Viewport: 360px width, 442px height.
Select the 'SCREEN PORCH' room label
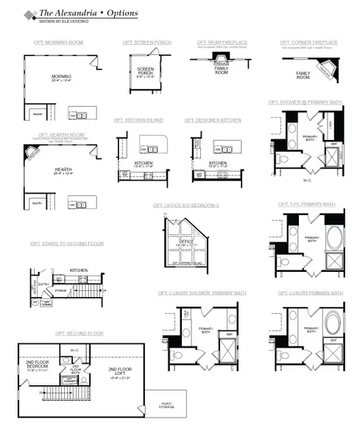[x=145, y=71]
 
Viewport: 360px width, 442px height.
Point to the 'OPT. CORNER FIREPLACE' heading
[x=309, y=43]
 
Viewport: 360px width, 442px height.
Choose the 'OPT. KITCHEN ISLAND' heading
[x=138, y=120]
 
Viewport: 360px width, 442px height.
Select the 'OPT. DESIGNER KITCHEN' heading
[x=213, y=120]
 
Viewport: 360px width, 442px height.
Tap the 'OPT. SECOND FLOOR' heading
[x=80, y=334]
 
